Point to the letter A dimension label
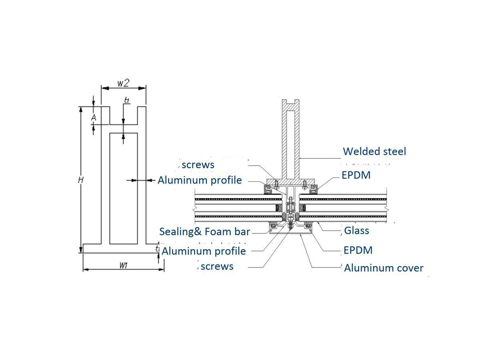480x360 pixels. click(x=94, y=118)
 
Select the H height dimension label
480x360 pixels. click(x=80, y=180)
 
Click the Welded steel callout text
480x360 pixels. click(x=374, y=152)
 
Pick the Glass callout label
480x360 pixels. click(x=356, y=230)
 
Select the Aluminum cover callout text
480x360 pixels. click(x=384, y=268)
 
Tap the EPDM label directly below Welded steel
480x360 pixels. click(x=356, y=175)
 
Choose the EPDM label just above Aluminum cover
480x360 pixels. click(x=358, y=250)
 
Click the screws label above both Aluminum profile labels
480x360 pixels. click(x=198, y=165)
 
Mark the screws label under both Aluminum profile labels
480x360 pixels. click(x=217, y=266)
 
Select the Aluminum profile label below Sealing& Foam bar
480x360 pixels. click(x=204, y=251)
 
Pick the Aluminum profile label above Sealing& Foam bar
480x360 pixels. click(x=200, y=180)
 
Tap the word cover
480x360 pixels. click(x=410, y=268)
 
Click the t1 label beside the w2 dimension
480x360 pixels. click(x=127, y=100)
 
